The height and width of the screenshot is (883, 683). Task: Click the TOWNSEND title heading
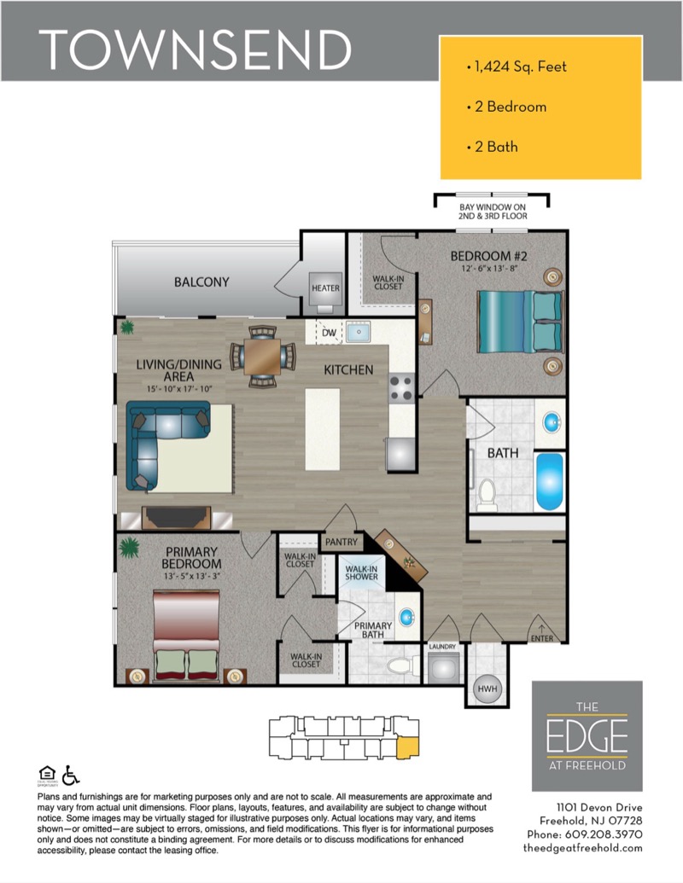195,49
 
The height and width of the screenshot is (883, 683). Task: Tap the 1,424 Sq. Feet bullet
517,67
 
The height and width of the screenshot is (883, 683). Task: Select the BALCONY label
201,282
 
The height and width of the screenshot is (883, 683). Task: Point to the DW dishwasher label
329,333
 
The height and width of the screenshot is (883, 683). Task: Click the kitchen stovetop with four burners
401,388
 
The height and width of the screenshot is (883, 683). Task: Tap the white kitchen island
323,429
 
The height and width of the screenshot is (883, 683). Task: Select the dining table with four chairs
263,357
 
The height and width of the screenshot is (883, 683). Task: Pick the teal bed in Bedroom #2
520,321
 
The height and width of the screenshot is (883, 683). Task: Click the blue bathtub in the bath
550,481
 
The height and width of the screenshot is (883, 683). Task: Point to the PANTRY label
341,542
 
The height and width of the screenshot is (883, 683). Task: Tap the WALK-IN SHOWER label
361,572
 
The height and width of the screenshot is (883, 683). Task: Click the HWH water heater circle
487,688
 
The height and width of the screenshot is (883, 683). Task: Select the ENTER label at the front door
541,638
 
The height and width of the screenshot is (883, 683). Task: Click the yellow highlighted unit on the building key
408,747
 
